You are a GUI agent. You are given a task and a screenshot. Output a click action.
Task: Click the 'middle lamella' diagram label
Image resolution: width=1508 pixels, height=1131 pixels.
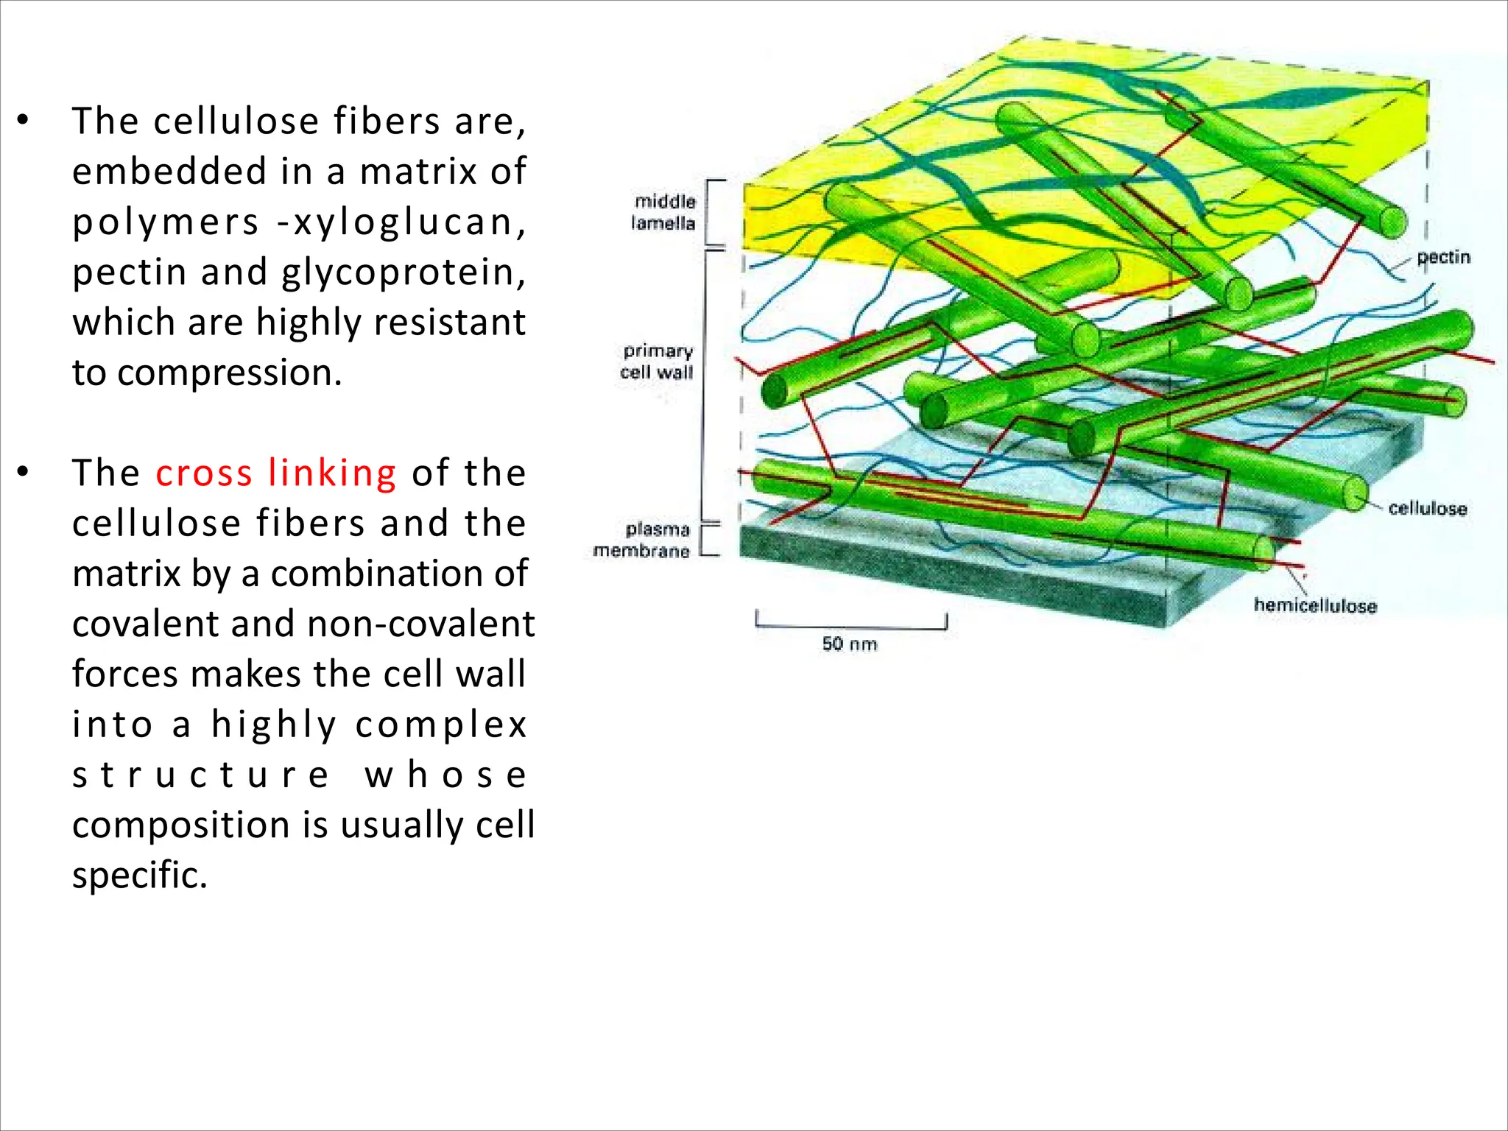click(663, 212)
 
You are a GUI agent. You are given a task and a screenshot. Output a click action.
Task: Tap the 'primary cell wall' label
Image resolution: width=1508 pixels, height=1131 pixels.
click(657, 362)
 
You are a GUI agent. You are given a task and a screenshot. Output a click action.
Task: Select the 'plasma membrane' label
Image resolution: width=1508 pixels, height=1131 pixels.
click(641, 540)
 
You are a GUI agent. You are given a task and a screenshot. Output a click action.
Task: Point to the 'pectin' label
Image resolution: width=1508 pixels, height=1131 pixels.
click(1443, 257)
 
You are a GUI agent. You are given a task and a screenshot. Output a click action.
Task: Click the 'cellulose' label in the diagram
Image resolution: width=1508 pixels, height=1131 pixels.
click(1427, 508)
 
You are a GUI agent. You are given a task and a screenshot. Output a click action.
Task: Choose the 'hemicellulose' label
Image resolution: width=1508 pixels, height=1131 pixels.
click(1315, 605)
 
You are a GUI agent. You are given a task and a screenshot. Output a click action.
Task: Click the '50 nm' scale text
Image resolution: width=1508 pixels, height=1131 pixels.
click(850, 644)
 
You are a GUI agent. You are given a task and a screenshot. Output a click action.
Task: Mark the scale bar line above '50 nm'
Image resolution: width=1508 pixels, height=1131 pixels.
click(850, 627)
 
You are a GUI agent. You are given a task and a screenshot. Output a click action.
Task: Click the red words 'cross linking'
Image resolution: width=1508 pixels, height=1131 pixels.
click(275, 473)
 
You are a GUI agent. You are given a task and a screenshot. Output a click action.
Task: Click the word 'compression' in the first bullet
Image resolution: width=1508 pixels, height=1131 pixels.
click(229, 373)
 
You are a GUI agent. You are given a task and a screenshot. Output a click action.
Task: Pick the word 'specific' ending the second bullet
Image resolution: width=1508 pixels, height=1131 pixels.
click(139, 875)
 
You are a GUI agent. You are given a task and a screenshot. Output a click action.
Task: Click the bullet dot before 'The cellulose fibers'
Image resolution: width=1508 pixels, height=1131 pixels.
click(24, 120)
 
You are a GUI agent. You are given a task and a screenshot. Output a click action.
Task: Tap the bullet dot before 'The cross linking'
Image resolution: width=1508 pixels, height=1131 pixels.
click(24, 472)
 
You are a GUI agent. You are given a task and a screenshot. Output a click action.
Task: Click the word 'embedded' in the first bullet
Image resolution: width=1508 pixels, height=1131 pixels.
click(169, 171)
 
